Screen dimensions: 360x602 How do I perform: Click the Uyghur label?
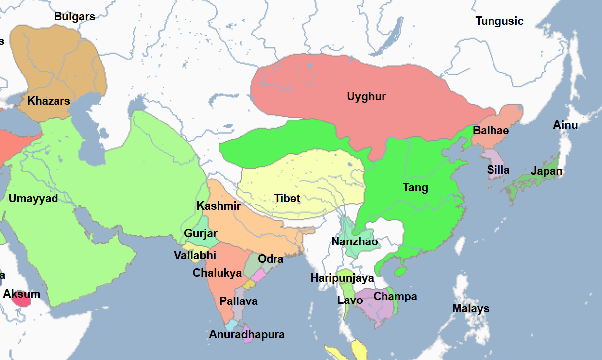click(366, 96)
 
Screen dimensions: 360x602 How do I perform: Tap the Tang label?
click(415, 188)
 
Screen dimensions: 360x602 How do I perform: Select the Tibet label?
click(287, 199)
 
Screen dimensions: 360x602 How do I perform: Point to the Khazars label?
click(49, 101)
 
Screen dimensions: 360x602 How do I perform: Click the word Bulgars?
click(74, 16)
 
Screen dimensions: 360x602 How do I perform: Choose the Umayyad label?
click(33, 199)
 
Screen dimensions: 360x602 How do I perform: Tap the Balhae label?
click(491, 131)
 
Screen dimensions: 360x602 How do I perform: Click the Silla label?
click(498, 170)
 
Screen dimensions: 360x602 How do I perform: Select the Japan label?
click(547, 171)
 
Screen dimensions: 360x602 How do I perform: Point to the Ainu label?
click(565, 125)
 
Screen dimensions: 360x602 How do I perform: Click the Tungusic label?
click(499, 21)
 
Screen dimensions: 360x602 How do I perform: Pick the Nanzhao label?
click(355, 242)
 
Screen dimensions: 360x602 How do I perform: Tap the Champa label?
click(395, 297)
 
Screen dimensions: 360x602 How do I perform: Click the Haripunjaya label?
click(342, 278)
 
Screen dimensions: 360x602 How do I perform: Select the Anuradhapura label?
click(247, 335)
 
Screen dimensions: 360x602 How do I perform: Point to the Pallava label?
click(239, 301)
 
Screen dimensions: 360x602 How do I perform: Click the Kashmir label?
click(219, 206)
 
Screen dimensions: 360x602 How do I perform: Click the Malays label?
click(470, 309)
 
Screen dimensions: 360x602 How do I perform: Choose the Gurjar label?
click(201, 233)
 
